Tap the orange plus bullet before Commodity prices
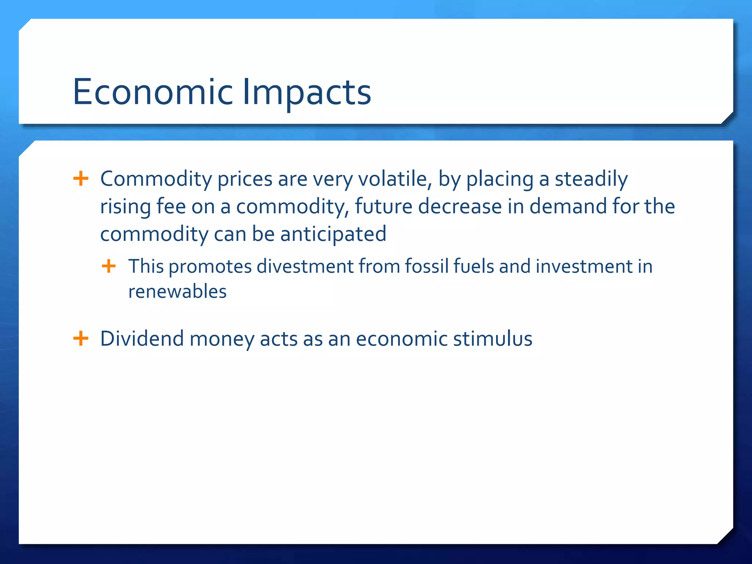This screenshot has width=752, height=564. point(81,179)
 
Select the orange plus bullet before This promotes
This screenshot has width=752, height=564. point(109,266)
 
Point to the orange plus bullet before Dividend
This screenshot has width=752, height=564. point(81,338)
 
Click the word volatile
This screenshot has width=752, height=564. point(395,179)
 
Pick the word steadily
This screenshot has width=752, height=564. point(591,179)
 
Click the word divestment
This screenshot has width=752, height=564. point(305,266)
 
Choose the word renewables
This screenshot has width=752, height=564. point(177,292)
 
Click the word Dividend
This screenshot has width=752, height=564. point(142,338)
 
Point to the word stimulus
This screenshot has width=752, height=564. point(493,338)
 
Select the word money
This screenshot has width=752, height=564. point(221,338)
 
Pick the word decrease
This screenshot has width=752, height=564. point(460,206)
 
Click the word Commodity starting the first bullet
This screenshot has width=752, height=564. point(156,179)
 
